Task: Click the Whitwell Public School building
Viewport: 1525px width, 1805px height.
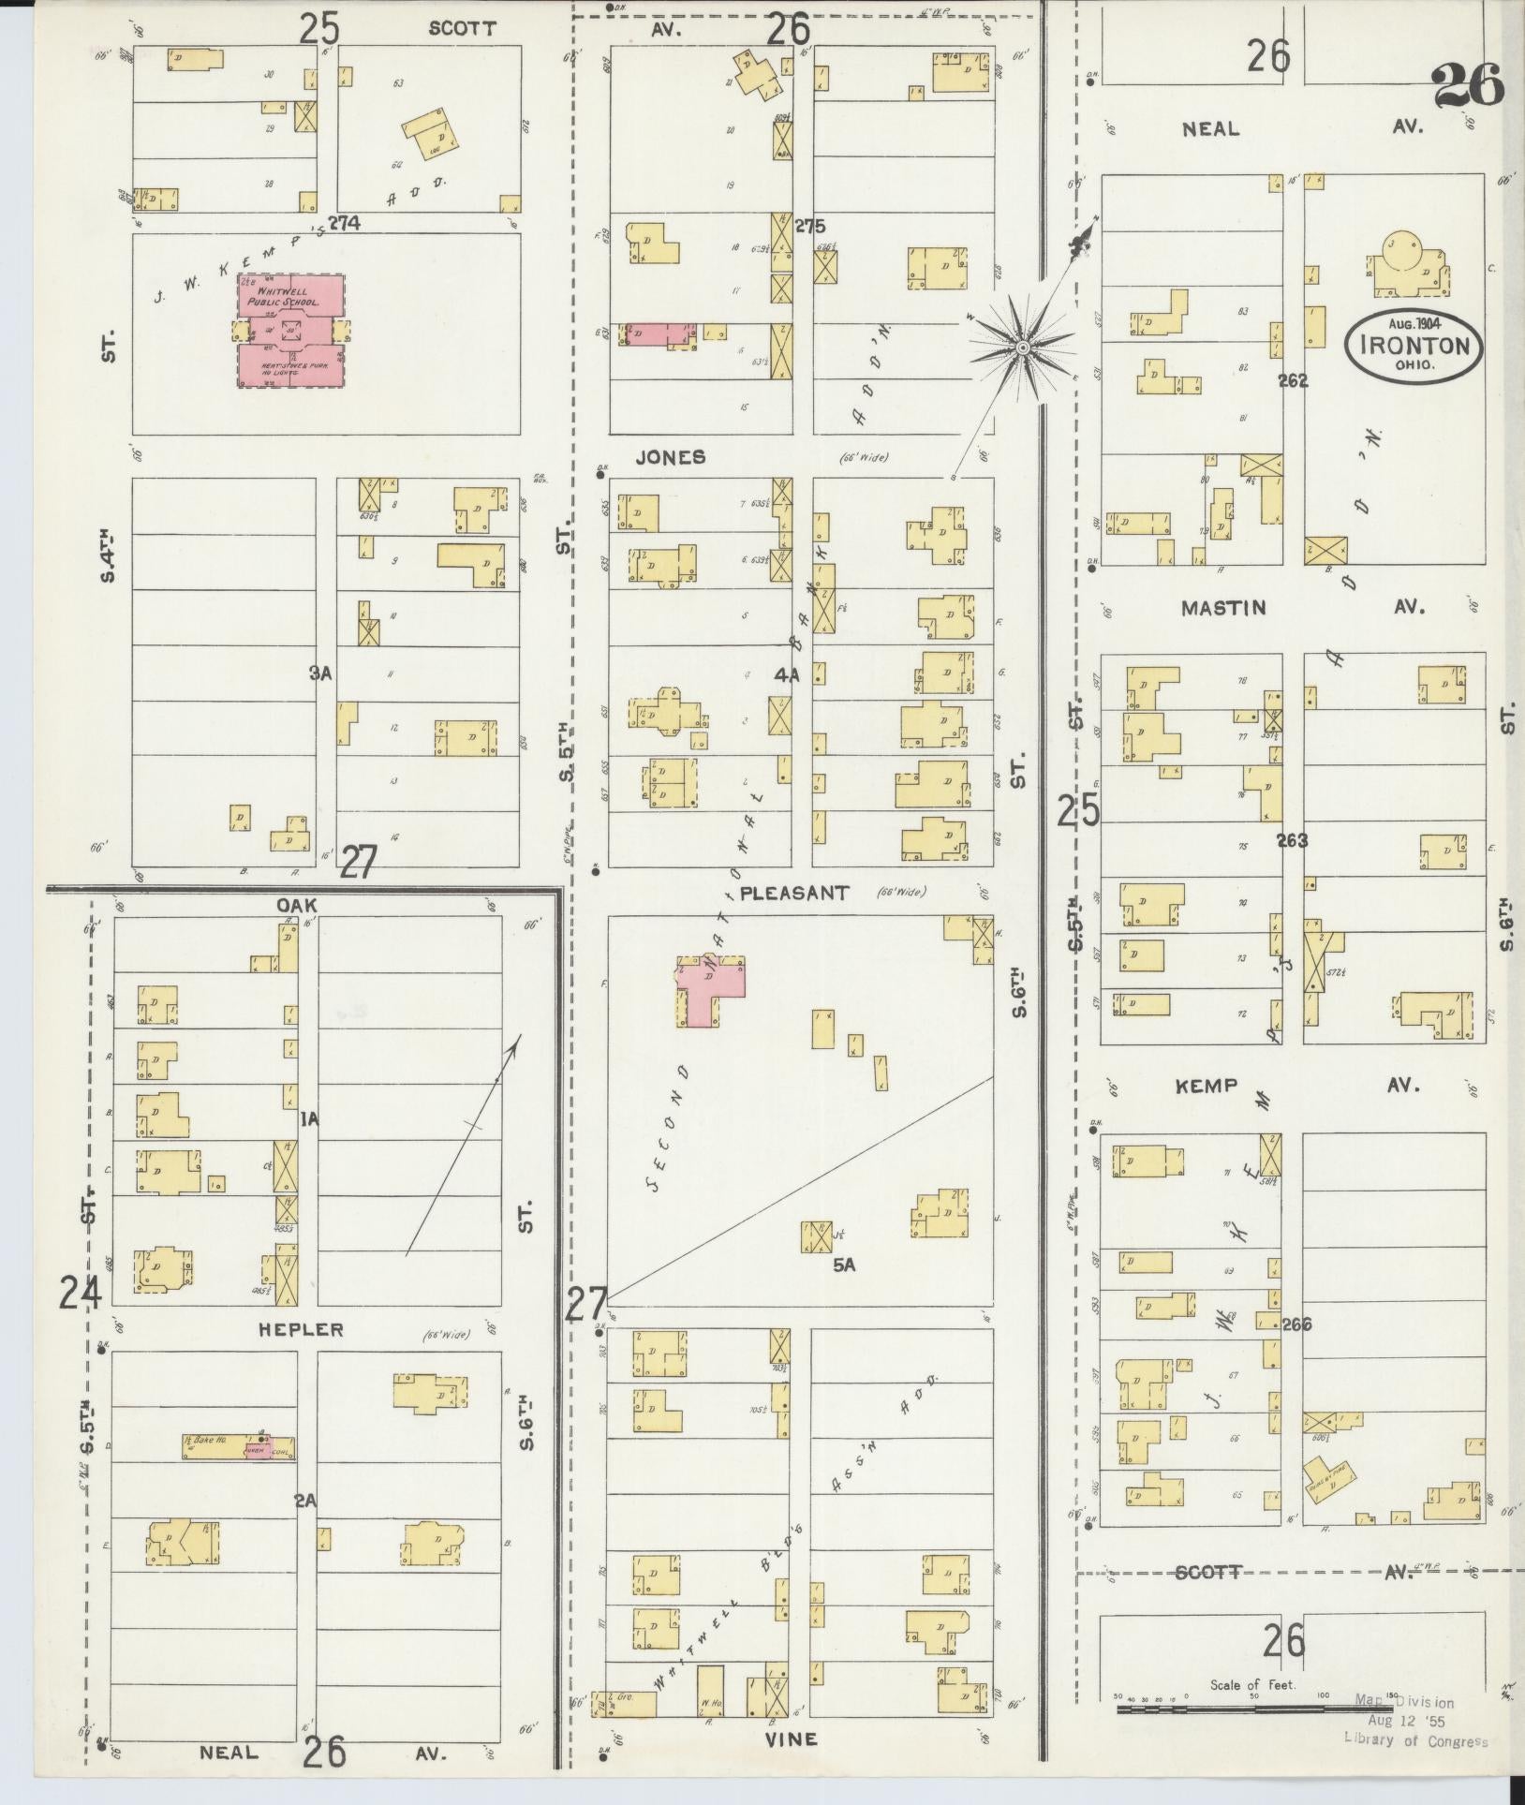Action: coord(289,330)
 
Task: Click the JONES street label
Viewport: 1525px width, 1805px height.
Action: coord(670,457)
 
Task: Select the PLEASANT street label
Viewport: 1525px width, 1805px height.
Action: coord(794,893)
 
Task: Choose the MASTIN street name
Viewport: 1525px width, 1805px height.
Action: coord(1223,607)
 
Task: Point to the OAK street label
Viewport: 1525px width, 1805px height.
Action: coord(298,905)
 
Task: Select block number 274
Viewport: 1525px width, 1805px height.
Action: coord(350,224)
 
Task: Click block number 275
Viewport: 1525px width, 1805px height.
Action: coord(811,225)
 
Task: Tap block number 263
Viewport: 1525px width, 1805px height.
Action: coord(1293,840)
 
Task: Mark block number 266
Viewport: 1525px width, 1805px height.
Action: coord(1297,1324)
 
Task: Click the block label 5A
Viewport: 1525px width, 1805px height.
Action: coord(844,1265)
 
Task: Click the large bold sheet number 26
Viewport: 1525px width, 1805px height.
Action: coord(1467,86)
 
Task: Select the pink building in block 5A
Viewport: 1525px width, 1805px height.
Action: coord(712,990)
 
